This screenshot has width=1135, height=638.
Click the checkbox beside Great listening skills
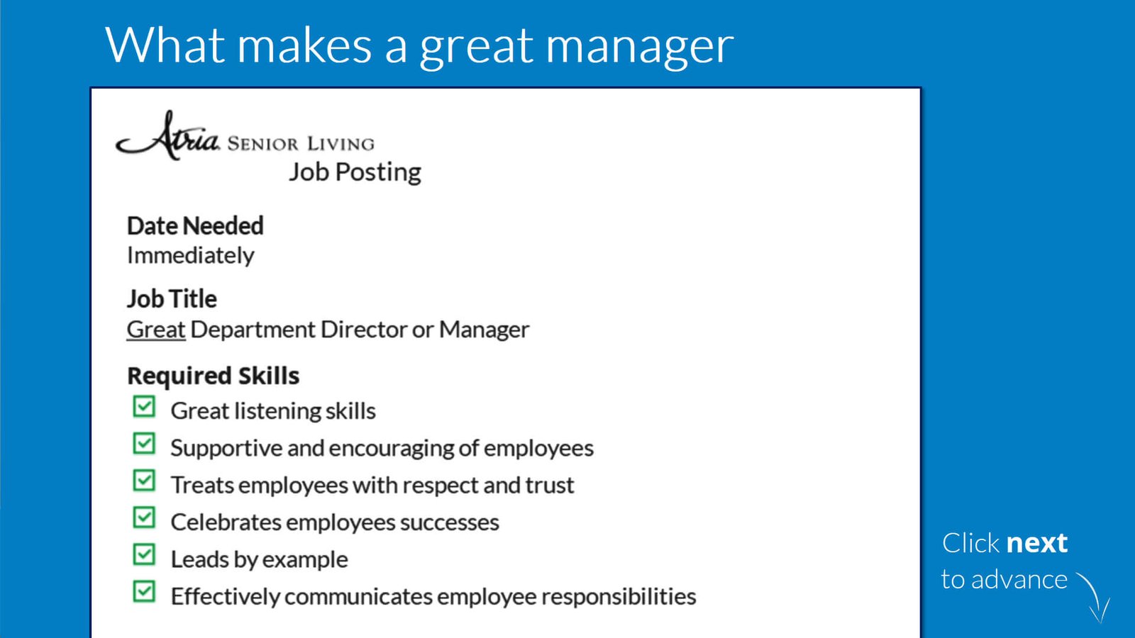pos(144,407)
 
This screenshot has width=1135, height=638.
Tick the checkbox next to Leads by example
pos(144,555)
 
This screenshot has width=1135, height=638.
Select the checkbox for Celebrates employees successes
pos(144,518)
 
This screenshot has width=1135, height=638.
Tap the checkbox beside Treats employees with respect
pos(144,481)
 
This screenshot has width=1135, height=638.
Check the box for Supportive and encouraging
pos(144,444)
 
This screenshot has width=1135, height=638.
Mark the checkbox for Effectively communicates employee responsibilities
pos(144,592)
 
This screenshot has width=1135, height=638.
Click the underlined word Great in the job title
pos(156,330)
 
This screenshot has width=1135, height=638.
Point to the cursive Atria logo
pos(167,135)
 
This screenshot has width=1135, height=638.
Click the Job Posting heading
pos(355,173)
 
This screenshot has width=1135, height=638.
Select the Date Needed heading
pos(195,226)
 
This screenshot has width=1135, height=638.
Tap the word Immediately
pos(191,256)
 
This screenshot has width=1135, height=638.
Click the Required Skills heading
pos(214,376)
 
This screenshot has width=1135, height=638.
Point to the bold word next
pos(1036,543)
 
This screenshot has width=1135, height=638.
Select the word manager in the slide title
pos(639,47)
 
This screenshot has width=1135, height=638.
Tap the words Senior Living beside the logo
pos(301,144)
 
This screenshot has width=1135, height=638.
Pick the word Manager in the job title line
pos(484,330)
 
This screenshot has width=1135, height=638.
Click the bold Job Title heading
pos(172,298)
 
